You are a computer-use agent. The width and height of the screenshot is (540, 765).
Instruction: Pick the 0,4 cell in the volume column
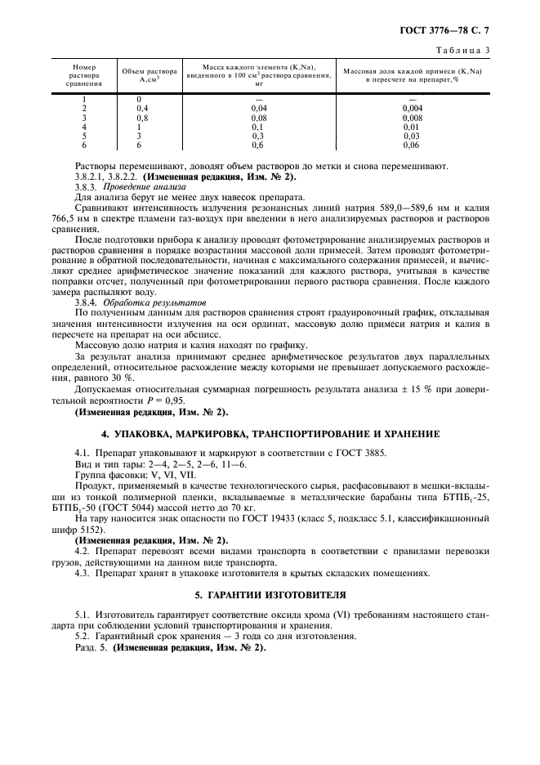pyautogui.click(x=142, y=108)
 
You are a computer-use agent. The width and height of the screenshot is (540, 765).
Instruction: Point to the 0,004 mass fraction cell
pyautogui.click(x=413, y=108)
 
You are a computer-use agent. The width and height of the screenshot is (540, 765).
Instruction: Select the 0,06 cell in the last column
pyautogui.click(x=413, y=145)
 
